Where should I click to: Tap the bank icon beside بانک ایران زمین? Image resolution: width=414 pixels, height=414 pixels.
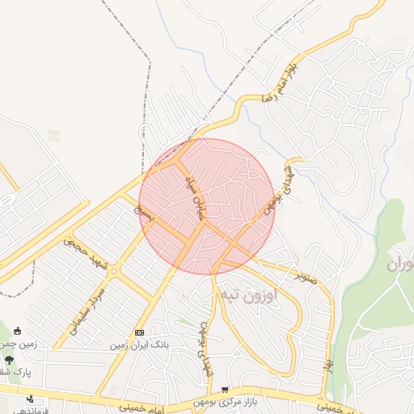pos(139,332)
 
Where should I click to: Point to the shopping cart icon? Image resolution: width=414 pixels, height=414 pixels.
pos(224,390)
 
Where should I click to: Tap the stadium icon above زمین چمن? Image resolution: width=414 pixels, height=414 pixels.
pos(18,331)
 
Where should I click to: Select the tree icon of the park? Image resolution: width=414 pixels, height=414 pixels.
pos(10,359)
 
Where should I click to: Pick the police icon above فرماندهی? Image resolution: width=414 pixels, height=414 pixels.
pos(30,399)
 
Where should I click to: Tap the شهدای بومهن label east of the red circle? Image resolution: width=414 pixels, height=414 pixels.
pos(283,188)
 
